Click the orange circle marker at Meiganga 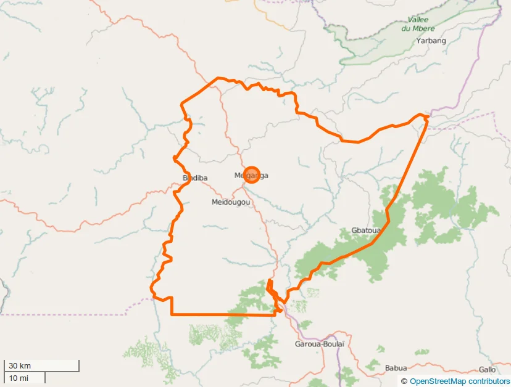coord(251,175)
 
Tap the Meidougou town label coord(230,202)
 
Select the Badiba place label coord(195,178)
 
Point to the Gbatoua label coord(365,230)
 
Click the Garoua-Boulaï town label coord(319,343)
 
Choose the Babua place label coord(396,368)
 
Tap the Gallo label coord(487,369)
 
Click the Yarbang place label coord(431,41)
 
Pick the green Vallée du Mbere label coord(418,24)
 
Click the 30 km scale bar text coord(20,366)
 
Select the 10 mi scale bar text coord(19,378)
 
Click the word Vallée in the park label coord(418,20)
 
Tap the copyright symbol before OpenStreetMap coord(404,381)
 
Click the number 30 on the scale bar coord(13,366)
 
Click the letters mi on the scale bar coord(24,378)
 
